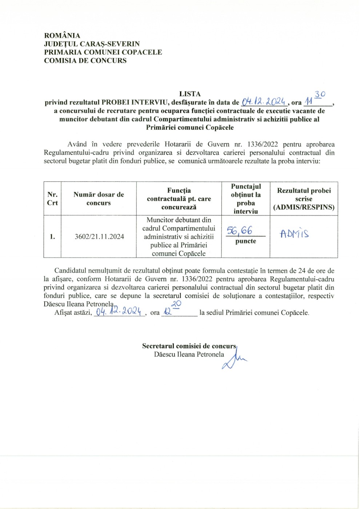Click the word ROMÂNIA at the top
[62, 36]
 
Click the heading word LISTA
[190, 94]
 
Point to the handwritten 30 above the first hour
[320, 94]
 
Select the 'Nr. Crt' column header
[52, 199]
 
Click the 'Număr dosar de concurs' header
[99, 199]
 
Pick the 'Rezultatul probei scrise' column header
[304, 199]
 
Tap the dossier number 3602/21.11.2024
[99, 237]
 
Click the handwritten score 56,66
[239, 231]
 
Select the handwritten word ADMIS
[295, 233]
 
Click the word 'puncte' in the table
[246, 241]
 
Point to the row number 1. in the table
[52, 237]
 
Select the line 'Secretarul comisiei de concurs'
[189, 346]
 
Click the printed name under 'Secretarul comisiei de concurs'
[189, 354]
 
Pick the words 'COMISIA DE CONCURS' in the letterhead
[85, 61]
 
